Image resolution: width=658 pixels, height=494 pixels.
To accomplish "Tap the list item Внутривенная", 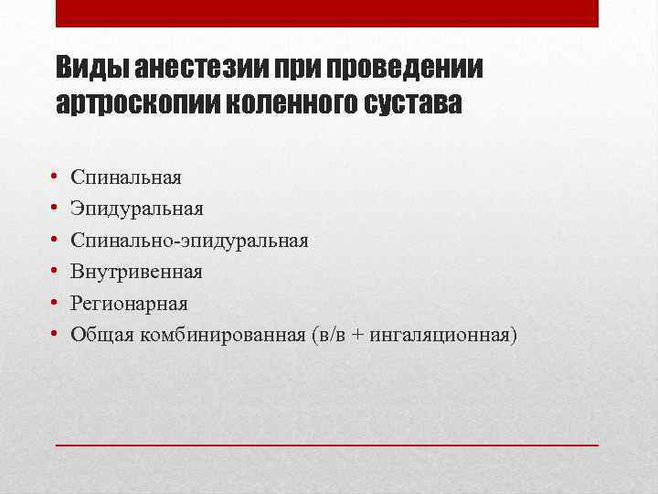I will pyautogui.click(x=136, y=272).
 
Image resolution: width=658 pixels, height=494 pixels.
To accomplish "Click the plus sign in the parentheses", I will pyautogui.click(x=354, y=336).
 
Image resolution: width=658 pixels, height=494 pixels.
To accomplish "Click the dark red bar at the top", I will pyautogui.click(x=327, y=13).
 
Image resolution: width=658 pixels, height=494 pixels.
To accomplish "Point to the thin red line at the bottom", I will pyautogui.click(x=327, y=444).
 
